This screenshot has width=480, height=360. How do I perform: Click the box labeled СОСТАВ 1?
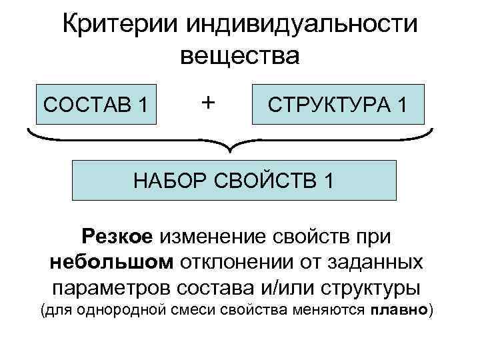(95, 104)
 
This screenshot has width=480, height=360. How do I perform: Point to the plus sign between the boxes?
(208, 102)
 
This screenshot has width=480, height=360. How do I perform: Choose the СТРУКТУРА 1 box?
(337, 104)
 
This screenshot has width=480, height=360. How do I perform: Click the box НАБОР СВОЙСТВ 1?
(235, 180)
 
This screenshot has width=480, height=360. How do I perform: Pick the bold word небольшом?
(110, 262)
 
